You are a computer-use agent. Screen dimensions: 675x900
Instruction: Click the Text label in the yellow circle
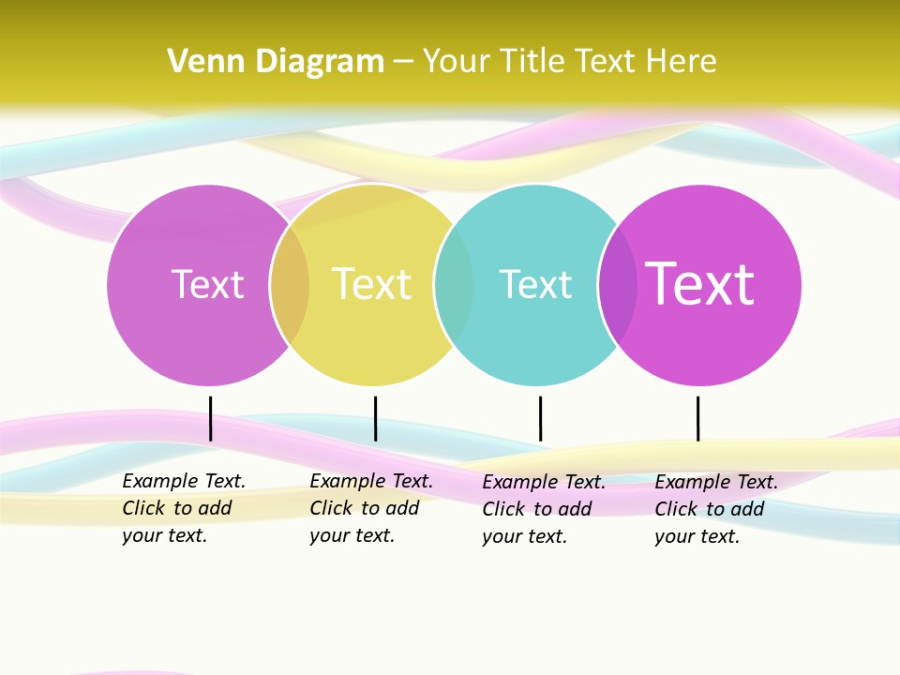pos(371,284)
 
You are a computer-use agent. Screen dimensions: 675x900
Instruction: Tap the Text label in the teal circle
pos(535,284)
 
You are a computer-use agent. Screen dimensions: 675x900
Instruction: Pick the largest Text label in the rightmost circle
pos(699,284)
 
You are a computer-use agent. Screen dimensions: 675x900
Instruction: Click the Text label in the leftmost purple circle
pos(207,284)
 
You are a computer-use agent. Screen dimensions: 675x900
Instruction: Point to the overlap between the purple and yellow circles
pos(290,285)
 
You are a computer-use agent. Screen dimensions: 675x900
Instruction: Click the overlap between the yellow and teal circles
pos(454,285)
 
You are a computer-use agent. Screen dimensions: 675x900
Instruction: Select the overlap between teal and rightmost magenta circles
pos(618,285)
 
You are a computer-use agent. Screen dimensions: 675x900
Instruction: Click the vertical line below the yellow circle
pos(375,418)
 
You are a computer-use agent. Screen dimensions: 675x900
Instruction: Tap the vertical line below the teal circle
pos(540,418)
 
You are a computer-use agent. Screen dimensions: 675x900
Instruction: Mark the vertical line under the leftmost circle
pos(211,418)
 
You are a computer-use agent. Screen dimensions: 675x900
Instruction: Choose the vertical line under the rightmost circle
pos(697,418)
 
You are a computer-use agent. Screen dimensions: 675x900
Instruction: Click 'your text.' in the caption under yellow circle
pos(352,536)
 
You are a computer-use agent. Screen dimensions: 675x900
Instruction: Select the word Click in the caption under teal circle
pos(504,509)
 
